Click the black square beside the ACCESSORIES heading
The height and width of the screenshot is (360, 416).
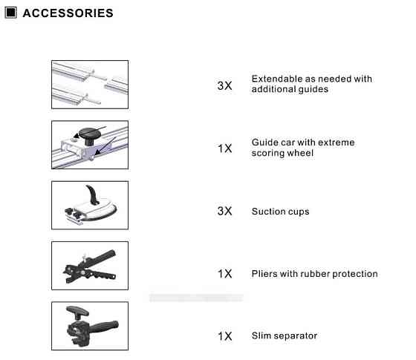[x=11, y=13]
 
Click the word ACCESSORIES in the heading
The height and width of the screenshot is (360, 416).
[x=68, y=13]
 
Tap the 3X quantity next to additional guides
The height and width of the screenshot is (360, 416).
[x=224, y=85]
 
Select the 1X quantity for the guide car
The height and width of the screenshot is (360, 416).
[x=224, y=148]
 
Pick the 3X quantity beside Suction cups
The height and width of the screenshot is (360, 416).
[x=224, y=211]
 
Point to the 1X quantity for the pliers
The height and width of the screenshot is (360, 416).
[x=224, y=274]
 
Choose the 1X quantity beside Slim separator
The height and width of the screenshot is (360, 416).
[x=224, y=336]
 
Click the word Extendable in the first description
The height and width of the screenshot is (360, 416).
[x=276, y=79]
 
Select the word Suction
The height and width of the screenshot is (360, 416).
[x=267, y=212]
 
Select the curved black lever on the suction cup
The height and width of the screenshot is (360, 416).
[x=92, y=194]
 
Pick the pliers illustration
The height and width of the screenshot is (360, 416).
[x=90, y=266]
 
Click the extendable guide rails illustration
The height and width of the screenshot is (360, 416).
[x=90, y=85]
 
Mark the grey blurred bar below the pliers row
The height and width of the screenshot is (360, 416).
[x=196, y=298]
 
